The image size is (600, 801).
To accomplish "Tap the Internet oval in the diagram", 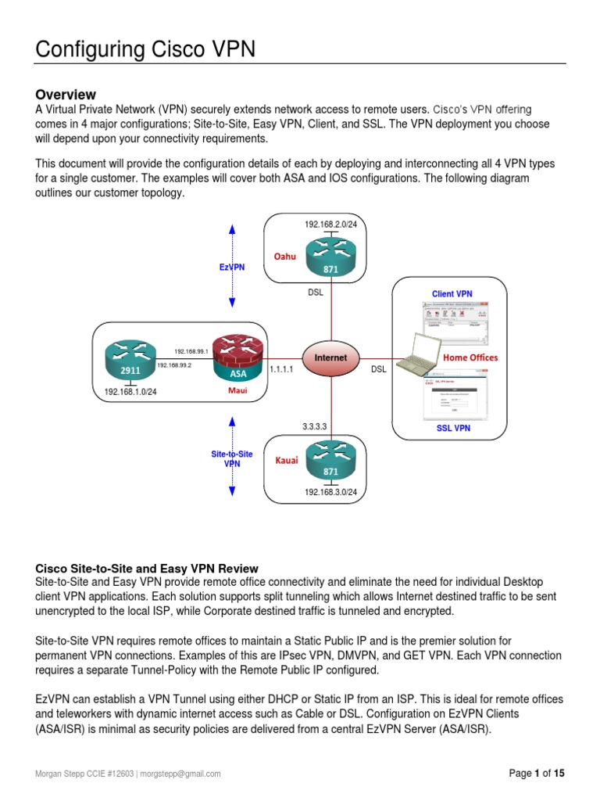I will coord(330,358).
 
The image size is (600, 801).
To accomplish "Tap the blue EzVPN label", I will coord(232,268).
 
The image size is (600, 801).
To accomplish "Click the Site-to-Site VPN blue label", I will coord(233,458).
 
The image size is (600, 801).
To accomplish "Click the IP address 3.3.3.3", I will coord(314,427).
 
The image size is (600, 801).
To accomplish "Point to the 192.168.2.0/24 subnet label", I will coord(336,224).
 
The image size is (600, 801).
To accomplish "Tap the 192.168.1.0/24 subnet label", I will coord(130,392).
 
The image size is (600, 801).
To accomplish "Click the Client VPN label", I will coord(452,294).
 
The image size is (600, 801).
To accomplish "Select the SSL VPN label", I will coord(453,429).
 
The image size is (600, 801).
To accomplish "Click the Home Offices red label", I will coord(470,357).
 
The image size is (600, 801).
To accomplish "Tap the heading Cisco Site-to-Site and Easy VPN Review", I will coord(148,569).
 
